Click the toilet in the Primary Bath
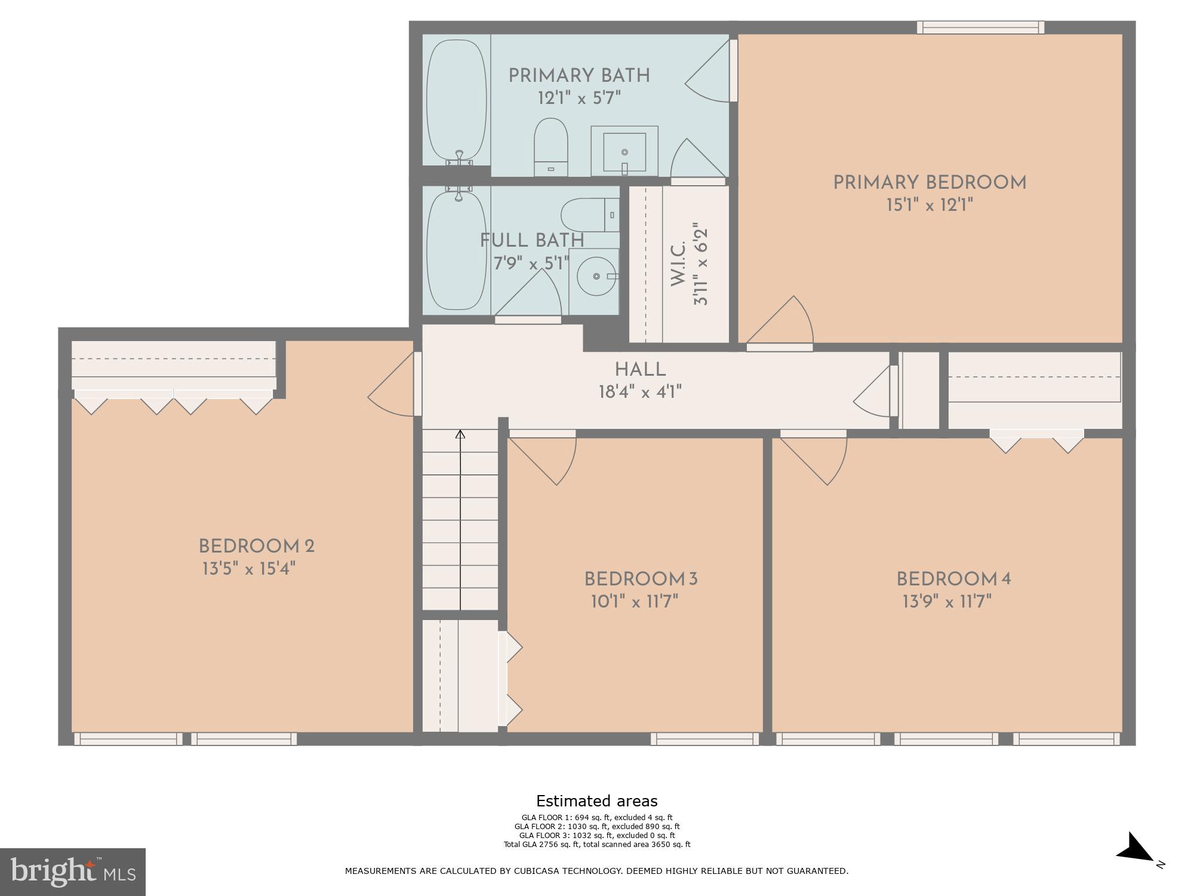pos(550,147)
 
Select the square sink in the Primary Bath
pos(624,152)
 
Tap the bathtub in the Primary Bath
pos(457,99)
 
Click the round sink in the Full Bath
pos(596,277)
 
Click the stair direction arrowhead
pos(460,434)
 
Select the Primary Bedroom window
pos(980,27)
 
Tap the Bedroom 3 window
pos(704,739)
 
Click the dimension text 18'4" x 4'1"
pos(640,392)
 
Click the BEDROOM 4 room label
pos(953,579)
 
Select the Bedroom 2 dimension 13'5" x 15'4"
pos(249,568)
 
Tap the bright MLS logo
pos(73,872)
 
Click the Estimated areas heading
pos(596,801)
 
